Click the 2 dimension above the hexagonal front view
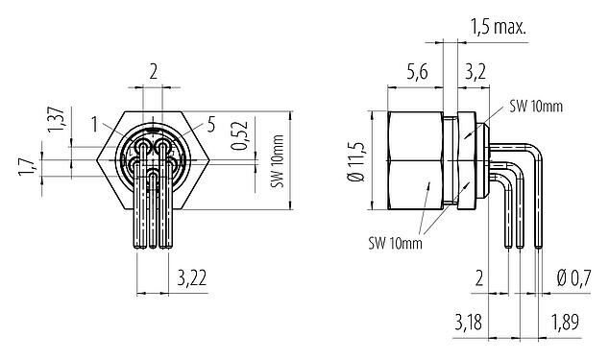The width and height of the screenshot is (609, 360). coord(154,70)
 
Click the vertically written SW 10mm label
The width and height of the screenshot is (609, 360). coord(279,164)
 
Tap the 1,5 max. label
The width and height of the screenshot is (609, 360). coord(498,28)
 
